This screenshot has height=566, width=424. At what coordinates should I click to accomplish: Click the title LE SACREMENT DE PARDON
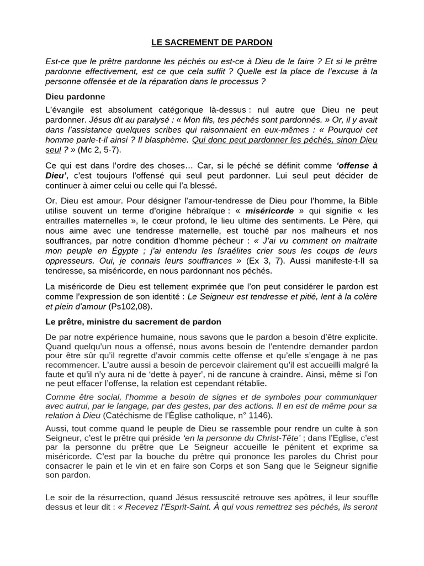[211, 42]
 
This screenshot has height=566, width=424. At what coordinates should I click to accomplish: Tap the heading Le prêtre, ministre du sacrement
[133, 321]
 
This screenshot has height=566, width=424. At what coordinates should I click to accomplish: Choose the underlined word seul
[53, 150]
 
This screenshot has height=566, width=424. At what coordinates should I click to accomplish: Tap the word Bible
[367, 201]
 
